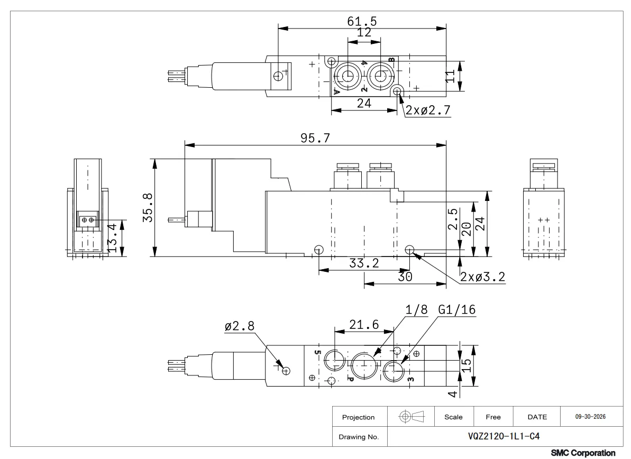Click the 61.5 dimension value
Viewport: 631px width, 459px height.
click(x=362, y=21)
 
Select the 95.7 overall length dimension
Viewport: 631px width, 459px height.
click(x=315, y=138)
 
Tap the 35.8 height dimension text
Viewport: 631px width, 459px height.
click(x=148, y=208)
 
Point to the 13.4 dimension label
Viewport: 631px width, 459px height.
click(x=112, y=238)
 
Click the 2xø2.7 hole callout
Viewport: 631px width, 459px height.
click(x=428, y=110)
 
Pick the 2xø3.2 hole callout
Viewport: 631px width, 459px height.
click(x=482, y=277)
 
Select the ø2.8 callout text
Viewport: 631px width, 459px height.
click(x=240, y=325)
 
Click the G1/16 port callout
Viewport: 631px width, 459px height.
click(x=457, y=309)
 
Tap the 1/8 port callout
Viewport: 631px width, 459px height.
click(x=416, y=309)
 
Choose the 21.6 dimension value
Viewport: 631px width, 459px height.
click(x=364, y=324)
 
